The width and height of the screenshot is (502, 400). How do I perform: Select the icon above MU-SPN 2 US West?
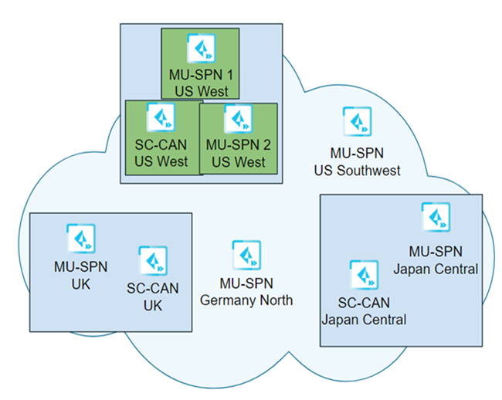coord(238,119)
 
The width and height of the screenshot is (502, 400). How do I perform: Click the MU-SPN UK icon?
coord(80,239)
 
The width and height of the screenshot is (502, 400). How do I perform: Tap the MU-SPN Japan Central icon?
coord(436,217)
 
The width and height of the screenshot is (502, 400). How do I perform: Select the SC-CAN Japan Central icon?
coord(363,275)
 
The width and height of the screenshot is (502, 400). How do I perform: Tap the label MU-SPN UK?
coord(80,275)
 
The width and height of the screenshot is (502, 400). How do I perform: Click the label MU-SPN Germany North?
coord(246,292)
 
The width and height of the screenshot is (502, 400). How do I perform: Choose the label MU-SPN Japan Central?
coord(436,261)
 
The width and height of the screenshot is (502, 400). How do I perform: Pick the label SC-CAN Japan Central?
coord(363,310)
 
